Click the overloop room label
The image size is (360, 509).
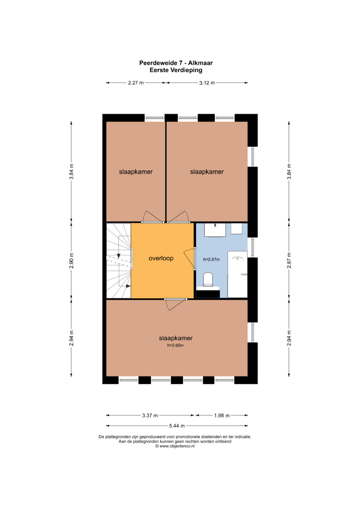[161, 258]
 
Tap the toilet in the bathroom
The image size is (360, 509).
[208, 279]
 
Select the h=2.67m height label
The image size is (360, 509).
[211, 259]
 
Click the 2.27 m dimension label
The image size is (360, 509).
[136, 83]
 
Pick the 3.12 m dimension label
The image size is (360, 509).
[207, 83]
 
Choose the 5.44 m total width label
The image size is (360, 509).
[177, 426]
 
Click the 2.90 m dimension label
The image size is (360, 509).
[71, 260]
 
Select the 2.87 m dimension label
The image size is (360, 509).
[289, 260]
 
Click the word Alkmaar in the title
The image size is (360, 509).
[200, 63]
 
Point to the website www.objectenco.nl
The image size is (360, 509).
[177, 446]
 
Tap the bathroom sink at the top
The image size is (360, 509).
[215, 230]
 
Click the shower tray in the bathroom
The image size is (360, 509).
[237, 274]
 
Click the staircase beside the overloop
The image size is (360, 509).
[119, 261]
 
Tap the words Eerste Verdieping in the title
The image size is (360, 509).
[176, 70]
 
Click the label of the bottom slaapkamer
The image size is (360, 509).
[176, 338]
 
